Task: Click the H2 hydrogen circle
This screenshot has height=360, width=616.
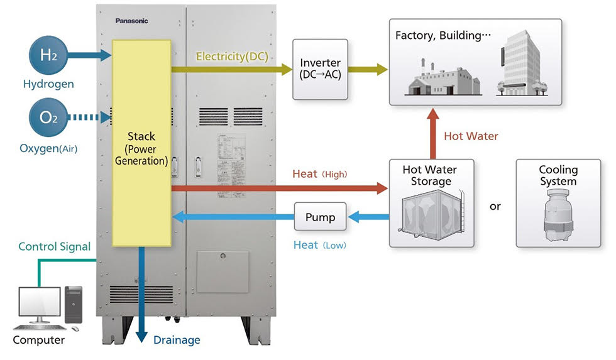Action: [49, 55]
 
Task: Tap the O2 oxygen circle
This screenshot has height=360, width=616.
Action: [49, 117]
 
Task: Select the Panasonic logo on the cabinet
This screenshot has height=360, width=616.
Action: [131, 21]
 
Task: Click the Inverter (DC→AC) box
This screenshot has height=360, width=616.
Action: [320, 69]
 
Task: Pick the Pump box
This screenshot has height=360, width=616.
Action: [320, 217]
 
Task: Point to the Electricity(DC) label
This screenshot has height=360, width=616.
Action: [232, 57]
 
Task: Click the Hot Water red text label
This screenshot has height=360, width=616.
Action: [471, 136]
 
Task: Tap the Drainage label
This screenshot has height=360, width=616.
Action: [177, 340]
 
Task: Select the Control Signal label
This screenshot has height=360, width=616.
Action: [55, 247]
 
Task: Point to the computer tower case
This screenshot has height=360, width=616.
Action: [74, 307]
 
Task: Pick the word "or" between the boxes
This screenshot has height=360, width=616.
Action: [495, 206]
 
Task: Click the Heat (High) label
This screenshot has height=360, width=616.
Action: [319, 174]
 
